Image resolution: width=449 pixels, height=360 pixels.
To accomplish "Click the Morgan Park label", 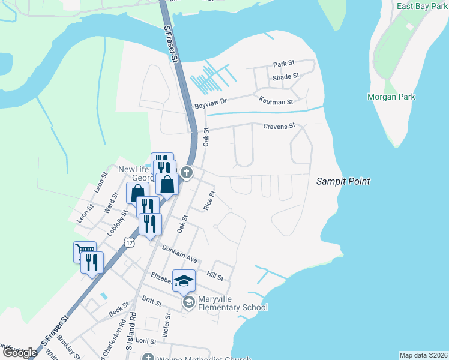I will click(391, 97).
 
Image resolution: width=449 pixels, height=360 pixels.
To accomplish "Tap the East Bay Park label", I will click(423, 6).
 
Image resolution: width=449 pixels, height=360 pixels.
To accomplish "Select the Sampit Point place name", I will click(343, 181).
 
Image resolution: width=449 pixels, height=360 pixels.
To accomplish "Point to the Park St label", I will click(284, 64).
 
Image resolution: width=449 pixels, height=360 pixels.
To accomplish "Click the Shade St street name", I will click(286, 77).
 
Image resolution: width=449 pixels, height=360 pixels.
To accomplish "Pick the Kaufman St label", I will click(276, 102).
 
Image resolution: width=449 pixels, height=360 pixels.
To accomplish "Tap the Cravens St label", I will click(280, 126).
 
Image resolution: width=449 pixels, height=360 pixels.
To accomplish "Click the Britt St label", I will click(152, 301).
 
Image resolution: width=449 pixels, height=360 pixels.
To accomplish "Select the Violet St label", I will click(167, 325).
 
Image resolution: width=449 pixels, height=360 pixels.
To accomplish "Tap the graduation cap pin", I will click(184, 280).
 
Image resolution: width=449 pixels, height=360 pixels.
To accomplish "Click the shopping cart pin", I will click(85, 251).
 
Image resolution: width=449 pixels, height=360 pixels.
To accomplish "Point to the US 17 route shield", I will click(130, 241).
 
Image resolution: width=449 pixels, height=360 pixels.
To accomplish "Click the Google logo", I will click(20, 353).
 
